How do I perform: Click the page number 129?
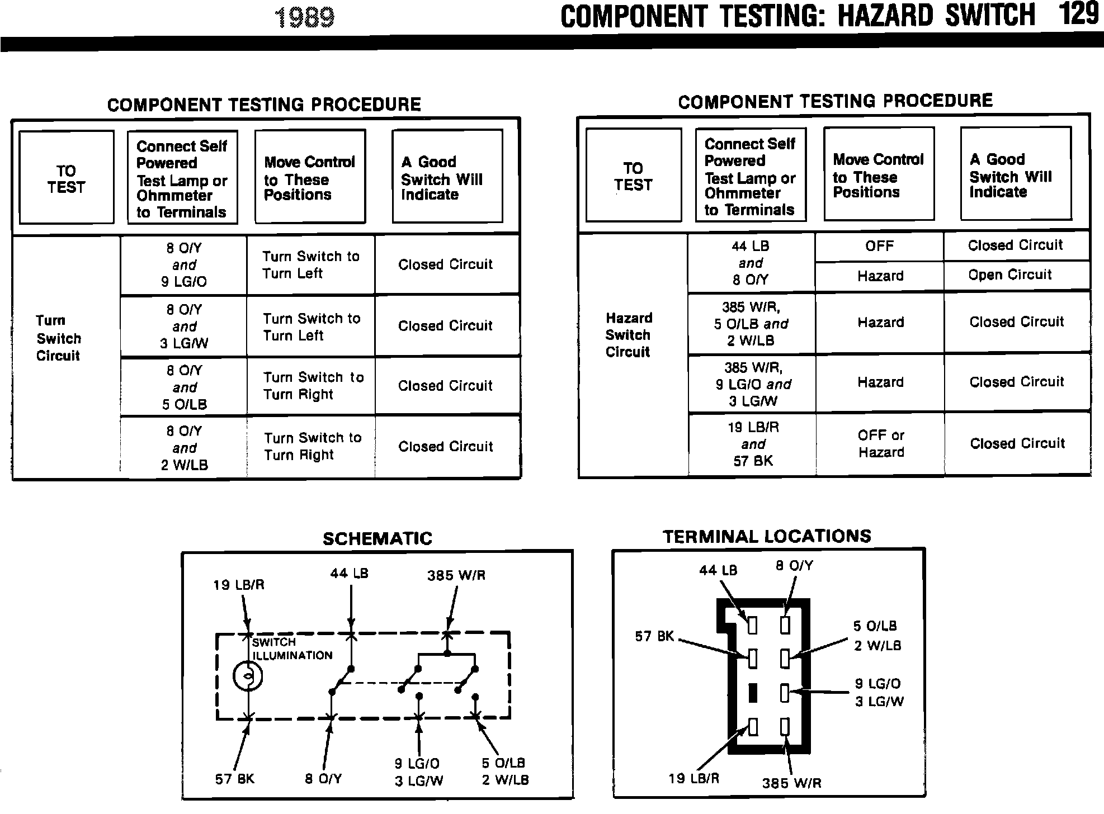pyautogui.click(x=1078, y=15)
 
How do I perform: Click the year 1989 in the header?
pyautogui.click(x=305, y=17)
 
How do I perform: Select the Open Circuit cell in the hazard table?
pyautogui.click(x=1010, y=275)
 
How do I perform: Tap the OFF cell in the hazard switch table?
pyautogui.click(x=879, y=246)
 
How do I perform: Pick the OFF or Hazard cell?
pyautogui.click(x=881, y=443)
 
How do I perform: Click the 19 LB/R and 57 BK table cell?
pyautogui.click(x=753, y=444)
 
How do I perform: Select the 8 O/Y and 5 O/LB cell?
pyautogui.click(x=184, y=387)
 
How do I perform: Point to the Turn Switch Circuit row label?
pyautogui.click(x=58, y=338)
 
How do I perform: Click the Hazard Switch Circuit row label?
pyautogui.click(x=628, y=335)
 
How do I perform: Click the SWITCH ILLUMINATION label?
pyautogui.click(x=291, y=649)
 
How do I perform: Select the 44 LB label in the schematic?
pyautogui.click(x=349, y=573)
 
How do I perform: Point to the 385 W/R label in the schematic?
pyautogui.click(x=456, y=575)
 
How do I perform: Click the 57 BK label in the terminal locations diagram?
pyautogui.click(x=654, y=636)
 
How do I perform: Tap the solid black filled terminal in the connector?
pyautogui.click(x=753, y=693)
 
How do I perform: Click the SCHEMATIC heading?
pyautogui.click(x=378, y=538)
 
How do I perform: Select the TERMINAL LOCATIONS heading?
pyautogui.click(x=767, y=537)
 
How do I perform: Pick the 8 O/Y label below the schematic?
pyautogui.click(x=323, y=779)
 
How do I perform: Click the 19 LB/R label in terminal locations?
pyautogui.click(x=693, y=778)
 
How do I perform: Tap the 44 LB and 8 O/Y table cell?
pyautogui.click(x=751, y=263)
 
